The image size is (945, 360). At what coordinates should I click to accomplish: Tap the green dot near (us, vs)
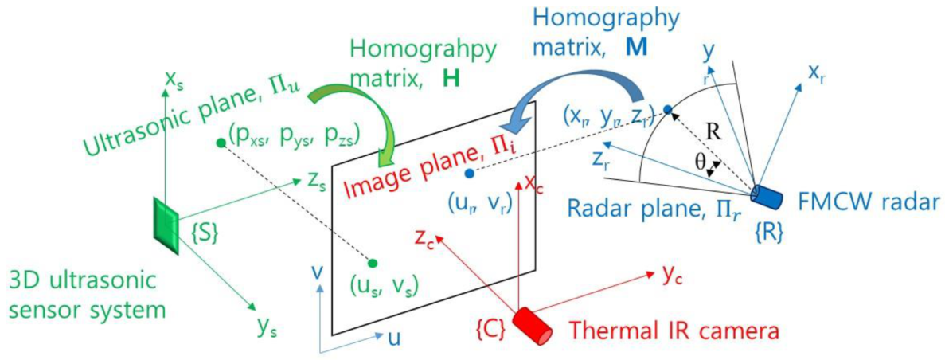pyautogui.click(x=373, y=262)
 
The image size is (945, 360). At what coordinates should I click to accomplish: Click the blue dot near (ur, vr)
pyautogui.click(x=469, y=173)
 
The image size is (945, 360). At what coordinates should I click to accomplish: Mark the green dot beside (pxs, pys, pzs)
pyautogui.click(x=220, y=143)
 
